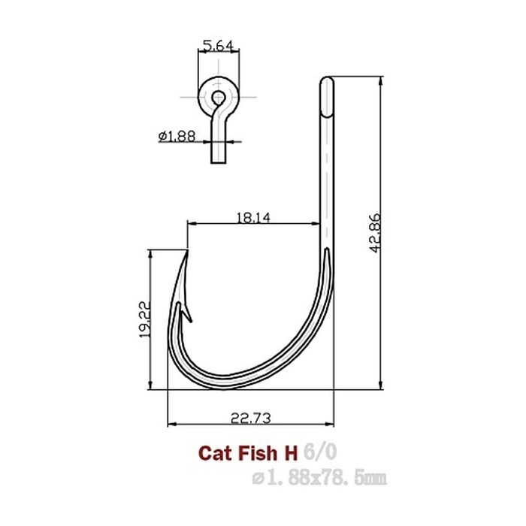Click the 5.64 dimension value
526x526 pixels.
(218, 46)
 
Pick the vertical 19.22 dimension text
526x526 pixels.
(144, 321)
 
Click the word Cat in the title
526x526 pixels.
(213, 452)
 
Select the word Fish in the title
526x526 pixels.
(254, 452)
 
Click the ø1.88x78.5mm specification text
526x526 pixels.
(320, 476)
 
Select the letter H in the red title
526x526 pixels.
(289, 452)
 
